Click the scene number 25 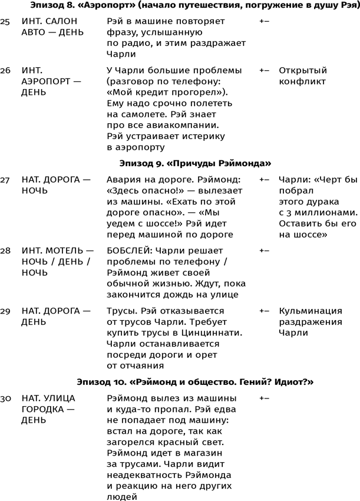click(x=5, y=21)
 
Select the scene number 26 click(x=5, y=70)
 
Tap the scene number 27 click(x=5, y=178)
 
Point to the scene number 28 click(x=5, y=250)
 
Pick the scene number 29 click(x=5, y=310)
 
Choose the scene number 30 click(x=5, y=398)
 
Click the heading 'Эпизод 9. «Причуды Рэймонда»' click(x=195, y=163)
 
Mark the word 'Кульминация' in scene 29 click(x=311, y=310)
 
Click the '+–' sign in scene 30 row click(x=264, y=398)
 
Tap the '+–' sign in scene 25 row click(x=264, y=21)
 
